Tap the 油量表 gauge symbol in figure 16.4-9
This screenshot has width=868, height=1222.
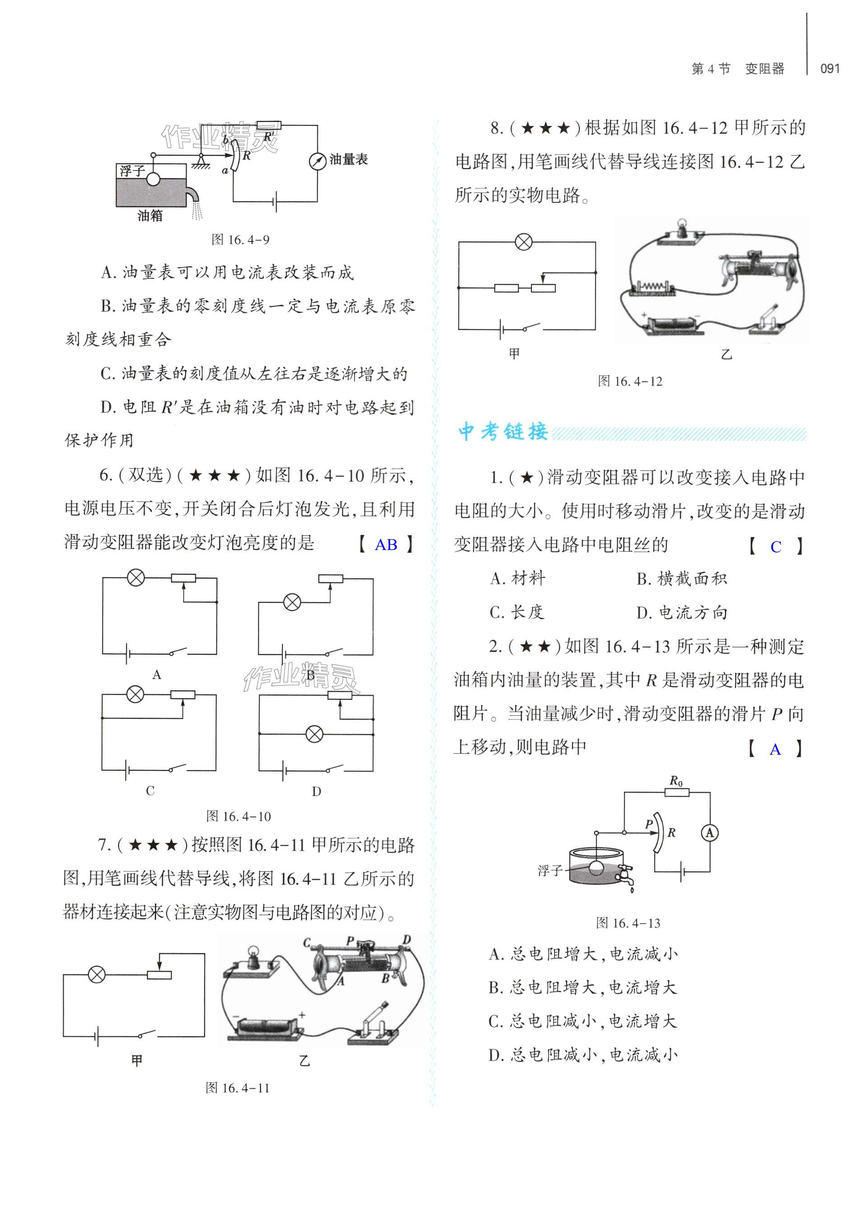tap(317, 161)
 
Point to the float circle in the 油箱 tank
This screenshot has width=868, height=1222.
tap(154, 179)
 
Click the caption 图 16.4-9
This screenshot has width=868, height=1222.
tap(240, 240)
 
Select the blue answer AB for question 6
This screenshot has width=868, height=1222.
tap(385, 545)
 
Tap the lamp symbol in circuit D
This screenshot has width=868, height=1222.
tap(315, 734)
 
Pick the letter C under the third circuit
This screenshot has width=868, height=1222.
tap(150, 791)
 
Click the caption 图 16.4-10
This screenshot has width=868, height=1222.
tap(238, 816)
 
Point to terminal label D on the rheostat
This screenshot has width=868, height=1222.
tap(407, 940)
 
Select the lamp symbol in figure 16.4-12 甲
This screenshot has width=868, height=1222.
tap(523, 242)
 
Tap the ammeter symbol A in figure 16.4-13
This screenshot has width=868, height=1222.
tap(710, 833)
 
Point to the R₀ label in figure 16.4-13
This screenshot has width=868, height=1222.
tap(676, 782)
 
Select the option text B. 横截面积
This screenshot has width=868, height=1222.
tap(681, 578)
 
